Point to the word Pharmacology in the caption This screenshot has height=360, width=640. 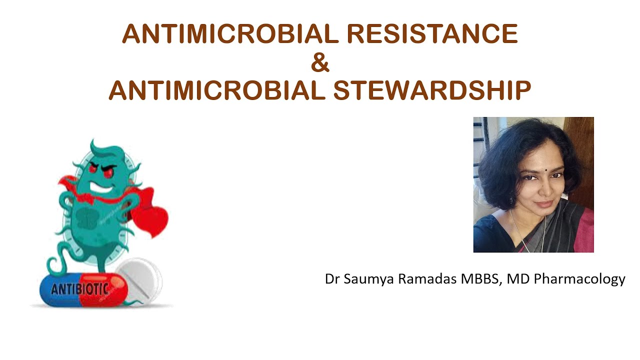(579, 279)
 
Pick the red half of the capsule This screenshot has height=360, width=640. (102, 290)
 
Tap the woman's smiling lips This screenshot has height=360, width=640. (543, 204)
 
